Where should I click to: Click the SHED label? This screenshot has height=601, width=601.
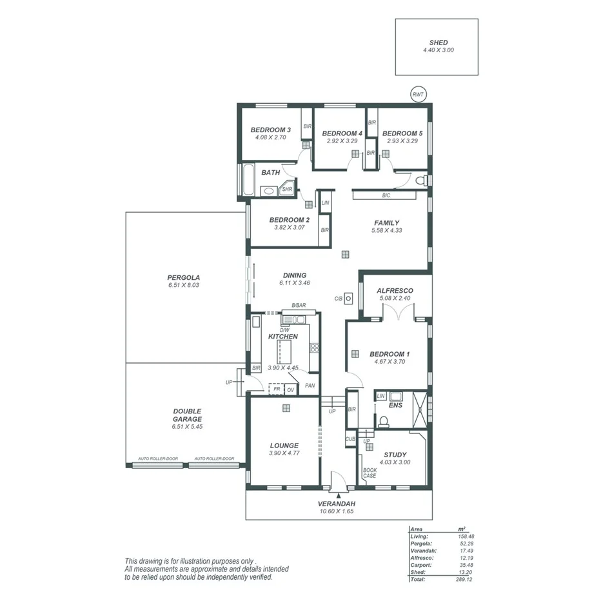click(x=438, y=43)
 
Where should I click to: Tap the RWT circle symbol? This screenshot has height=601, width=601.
click(x=418, y=95)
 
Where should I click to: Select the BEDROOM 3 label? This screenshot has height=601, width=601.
click(x=270, y=130)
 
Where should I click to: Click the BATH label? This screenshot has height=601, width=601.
click(x=270, y=172)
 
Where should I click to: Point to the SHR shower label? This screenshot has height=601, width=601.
click(x=287, y=190)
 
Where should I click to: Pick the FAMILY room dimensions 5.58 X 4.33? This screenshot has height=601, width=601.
click(x=388, y=230)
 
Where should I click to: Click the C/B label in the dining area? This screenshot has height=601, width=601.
click(x=338, y=299)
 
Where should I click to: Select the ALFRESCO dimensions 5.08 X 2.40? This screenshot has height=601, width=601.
click(x=395, y=299)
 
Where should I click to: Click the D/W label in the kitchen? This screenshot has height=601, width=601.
click(x=284, y=330)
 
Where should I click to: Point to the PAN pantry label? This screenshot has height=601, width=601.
click(x=310, y=386)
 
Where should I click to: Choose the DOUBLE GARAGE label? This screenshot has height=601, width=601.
click(x=187, y=415)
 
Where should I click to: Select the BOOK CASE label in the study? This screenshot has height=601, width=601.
click(x=369, y=473)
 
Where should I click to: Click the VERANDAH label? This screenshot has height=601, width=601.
click(x=337, y=504)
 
